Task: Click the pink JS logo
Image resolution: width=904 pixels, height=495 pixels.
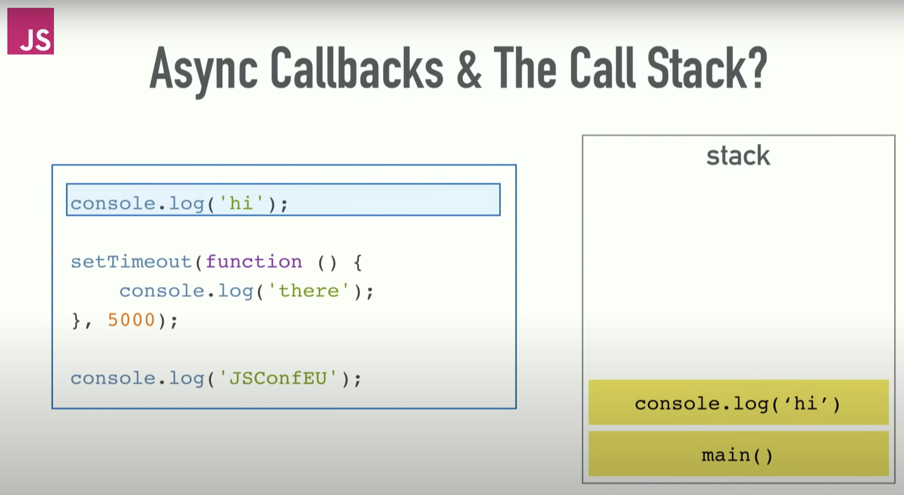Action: [x=31, y=31]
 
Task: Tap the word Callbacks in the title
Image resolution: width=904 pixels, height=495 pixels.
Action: [x=357, y=67]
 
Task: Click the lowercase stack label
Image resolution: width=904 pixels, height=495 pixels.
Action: [x=738, y=155]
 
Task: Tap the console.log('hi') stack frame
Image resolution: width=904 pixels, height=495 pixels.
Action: [x=738, y=402]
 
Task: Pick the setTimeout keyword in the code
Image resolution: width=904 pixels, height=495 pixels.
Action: [x=131, y=262]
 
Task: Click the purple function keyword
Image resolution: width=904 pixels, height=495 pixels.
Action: [x=253, y=262]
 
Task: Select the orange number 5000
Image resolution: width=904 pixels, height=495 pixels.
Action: [x=131, y=320]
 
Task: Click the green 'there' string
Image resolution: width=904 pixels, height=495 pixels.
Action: [x=308, y=291]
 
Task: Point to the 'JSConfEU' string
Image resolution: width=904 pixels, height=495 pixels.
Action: [x=277, y=378]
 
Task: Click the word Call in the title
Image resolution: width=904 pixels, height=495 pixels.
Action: [x=602, y=67]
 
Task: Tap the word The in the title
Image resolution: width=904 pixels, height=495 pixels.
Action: [x=525, y=67]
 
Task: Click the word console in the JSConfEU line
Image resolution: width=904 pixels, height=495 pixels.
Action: [x=113, y=378]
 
